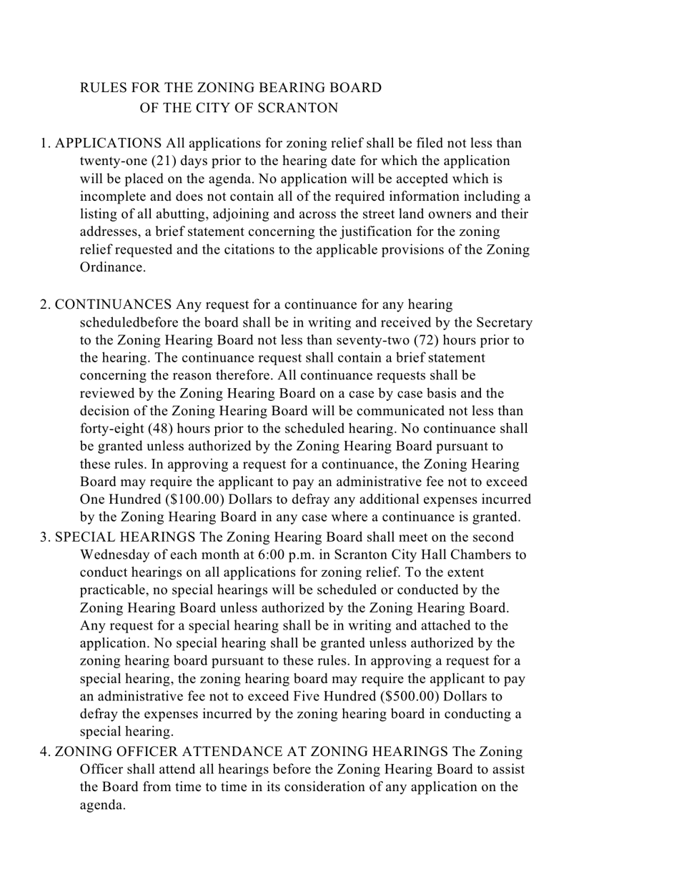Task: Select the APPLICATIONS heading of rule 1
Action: coord(108,143)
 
